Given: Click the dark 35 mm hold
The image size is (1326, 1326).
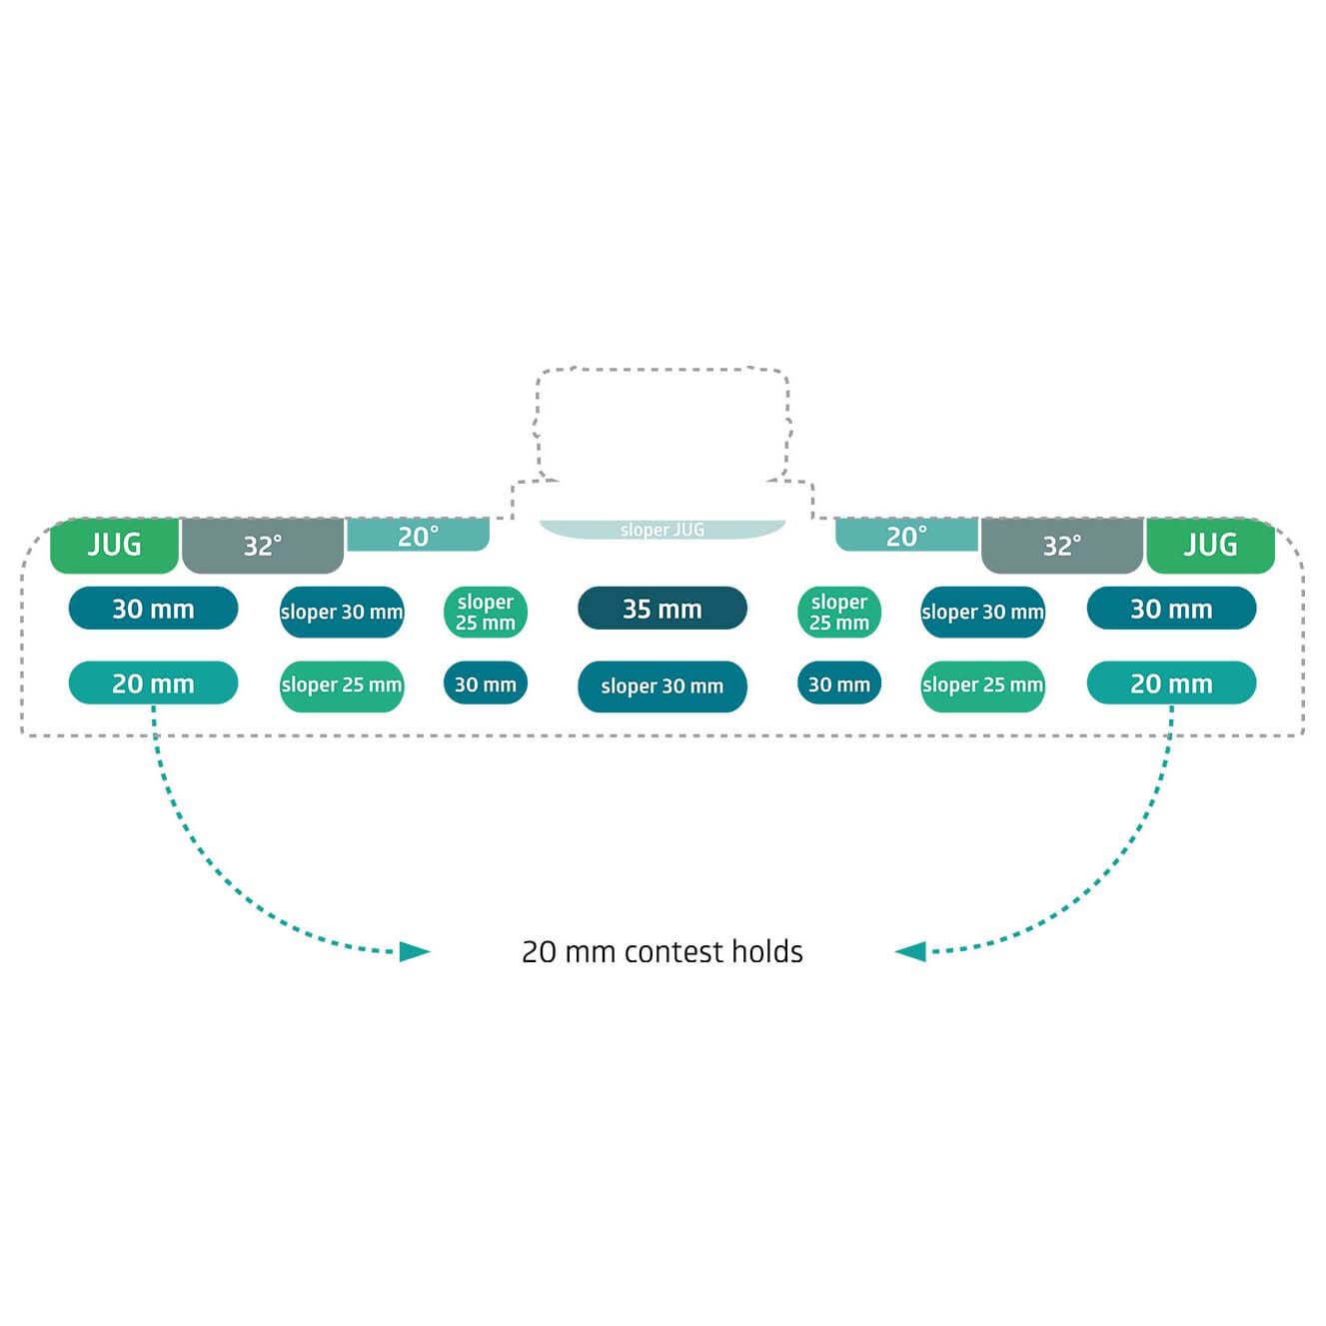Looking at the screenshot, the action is coord(662,609).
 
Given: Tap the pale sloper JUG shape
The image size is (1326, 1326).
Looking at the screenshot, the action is coord(662,530).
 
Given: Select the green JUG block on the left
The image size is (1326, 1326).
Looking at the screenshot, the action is coord(114,546).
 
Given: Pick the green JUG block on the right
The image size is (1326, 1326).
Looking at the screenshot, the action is coord(1210,546).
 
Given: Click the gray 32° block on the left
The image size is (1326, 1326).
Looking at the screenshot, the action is coord(263,546).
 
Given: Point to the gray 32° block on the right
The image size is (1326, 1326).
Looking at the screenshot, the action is coord(1062,546).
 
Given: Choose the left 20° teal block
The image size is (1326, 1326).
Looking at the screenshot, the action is coord(419,536).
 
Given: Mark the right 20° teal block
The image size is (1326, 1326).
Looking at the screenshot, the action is coord(906,536).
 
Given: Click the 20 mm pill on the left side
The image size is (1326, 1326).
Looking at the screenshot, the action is coord(154,682).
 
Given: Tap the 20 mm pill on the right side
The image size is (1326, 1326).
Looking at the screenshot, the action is coord(1171,682).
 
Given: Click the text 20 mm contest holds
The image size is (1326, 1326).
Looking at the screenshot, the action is coord(662,952).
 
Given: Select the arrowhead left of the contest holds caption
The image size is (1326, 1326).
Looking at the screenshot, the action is coord(415,952).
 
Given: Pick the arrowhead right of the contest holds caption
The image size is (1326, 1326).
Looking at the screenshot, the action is coord(909,952).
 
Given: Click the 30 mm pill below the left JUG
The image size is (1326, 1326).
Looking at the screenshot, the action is coord(154,609).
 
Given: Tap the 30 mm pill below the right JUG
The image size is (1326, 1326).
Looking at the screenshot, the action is coord(1171,609).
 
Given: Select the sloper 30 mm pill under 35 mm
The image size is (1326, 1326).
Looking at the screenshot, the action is coord(662,686).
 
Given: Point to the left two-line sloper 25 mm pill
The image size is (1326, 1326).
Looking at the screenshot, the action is coord(485,612).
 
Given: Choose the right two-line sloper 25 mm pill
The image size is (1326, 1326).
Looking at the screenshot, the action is coord(838,612).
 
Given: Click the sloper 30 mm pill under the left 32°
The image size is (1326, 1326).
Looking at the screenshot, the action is coord(342,612).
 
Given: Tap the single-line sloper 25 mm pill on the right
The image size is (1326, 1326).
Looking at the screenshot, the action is coord(982,686).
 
